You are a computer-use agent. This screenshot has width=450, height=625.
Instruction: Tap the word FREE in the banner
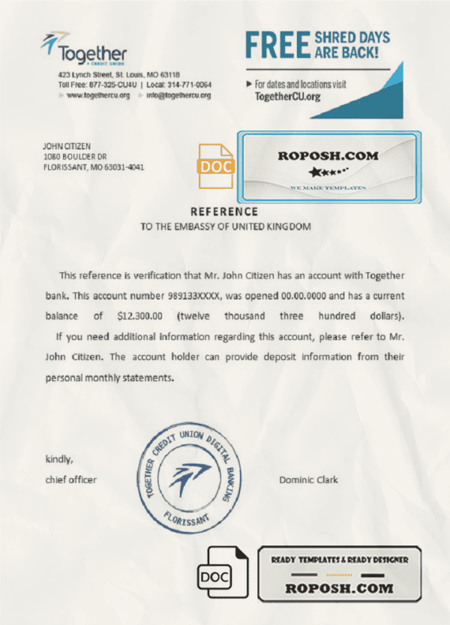[275, 45]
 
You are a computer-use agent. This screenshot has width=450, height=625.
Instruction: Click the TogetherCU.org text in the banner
[289, 97]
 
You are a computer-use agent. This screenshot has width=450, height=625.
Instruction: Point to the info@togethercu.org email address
[178, 95]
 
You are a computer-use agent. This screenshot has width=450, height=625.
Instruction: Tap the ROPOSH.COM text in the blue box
[328, 156]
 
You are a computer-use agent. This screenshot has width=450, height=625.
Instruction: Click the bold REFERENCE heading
[225, 212]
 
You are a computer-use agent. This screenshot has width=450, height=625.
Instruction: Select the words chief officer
[71, 479]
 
